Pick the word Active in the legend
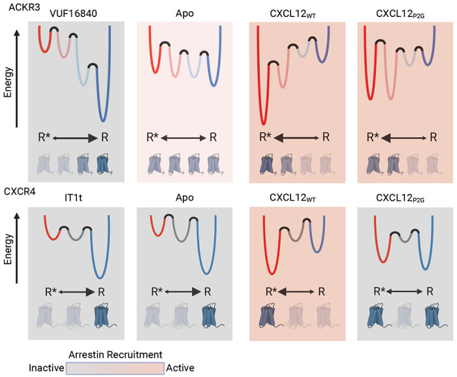pyautogui.click(x=181, y=368)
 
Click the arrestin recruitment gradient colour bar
pyautogui.click(x=114, y=368)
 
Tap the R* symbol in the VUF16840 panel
pyautogui.click(x=46, y=137)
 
